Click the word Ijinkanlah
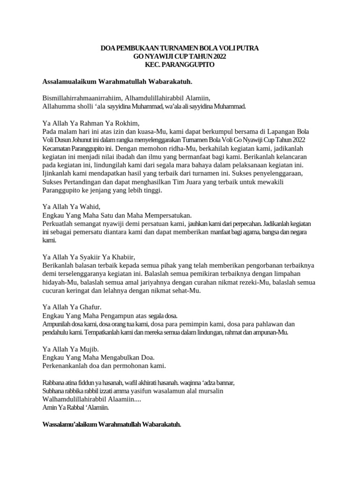[59, 173]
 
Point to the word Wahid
[90, 206]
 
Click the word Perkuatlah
[59, 223]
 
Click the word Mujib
[90, 349]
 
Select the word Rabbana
[54, 382]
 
